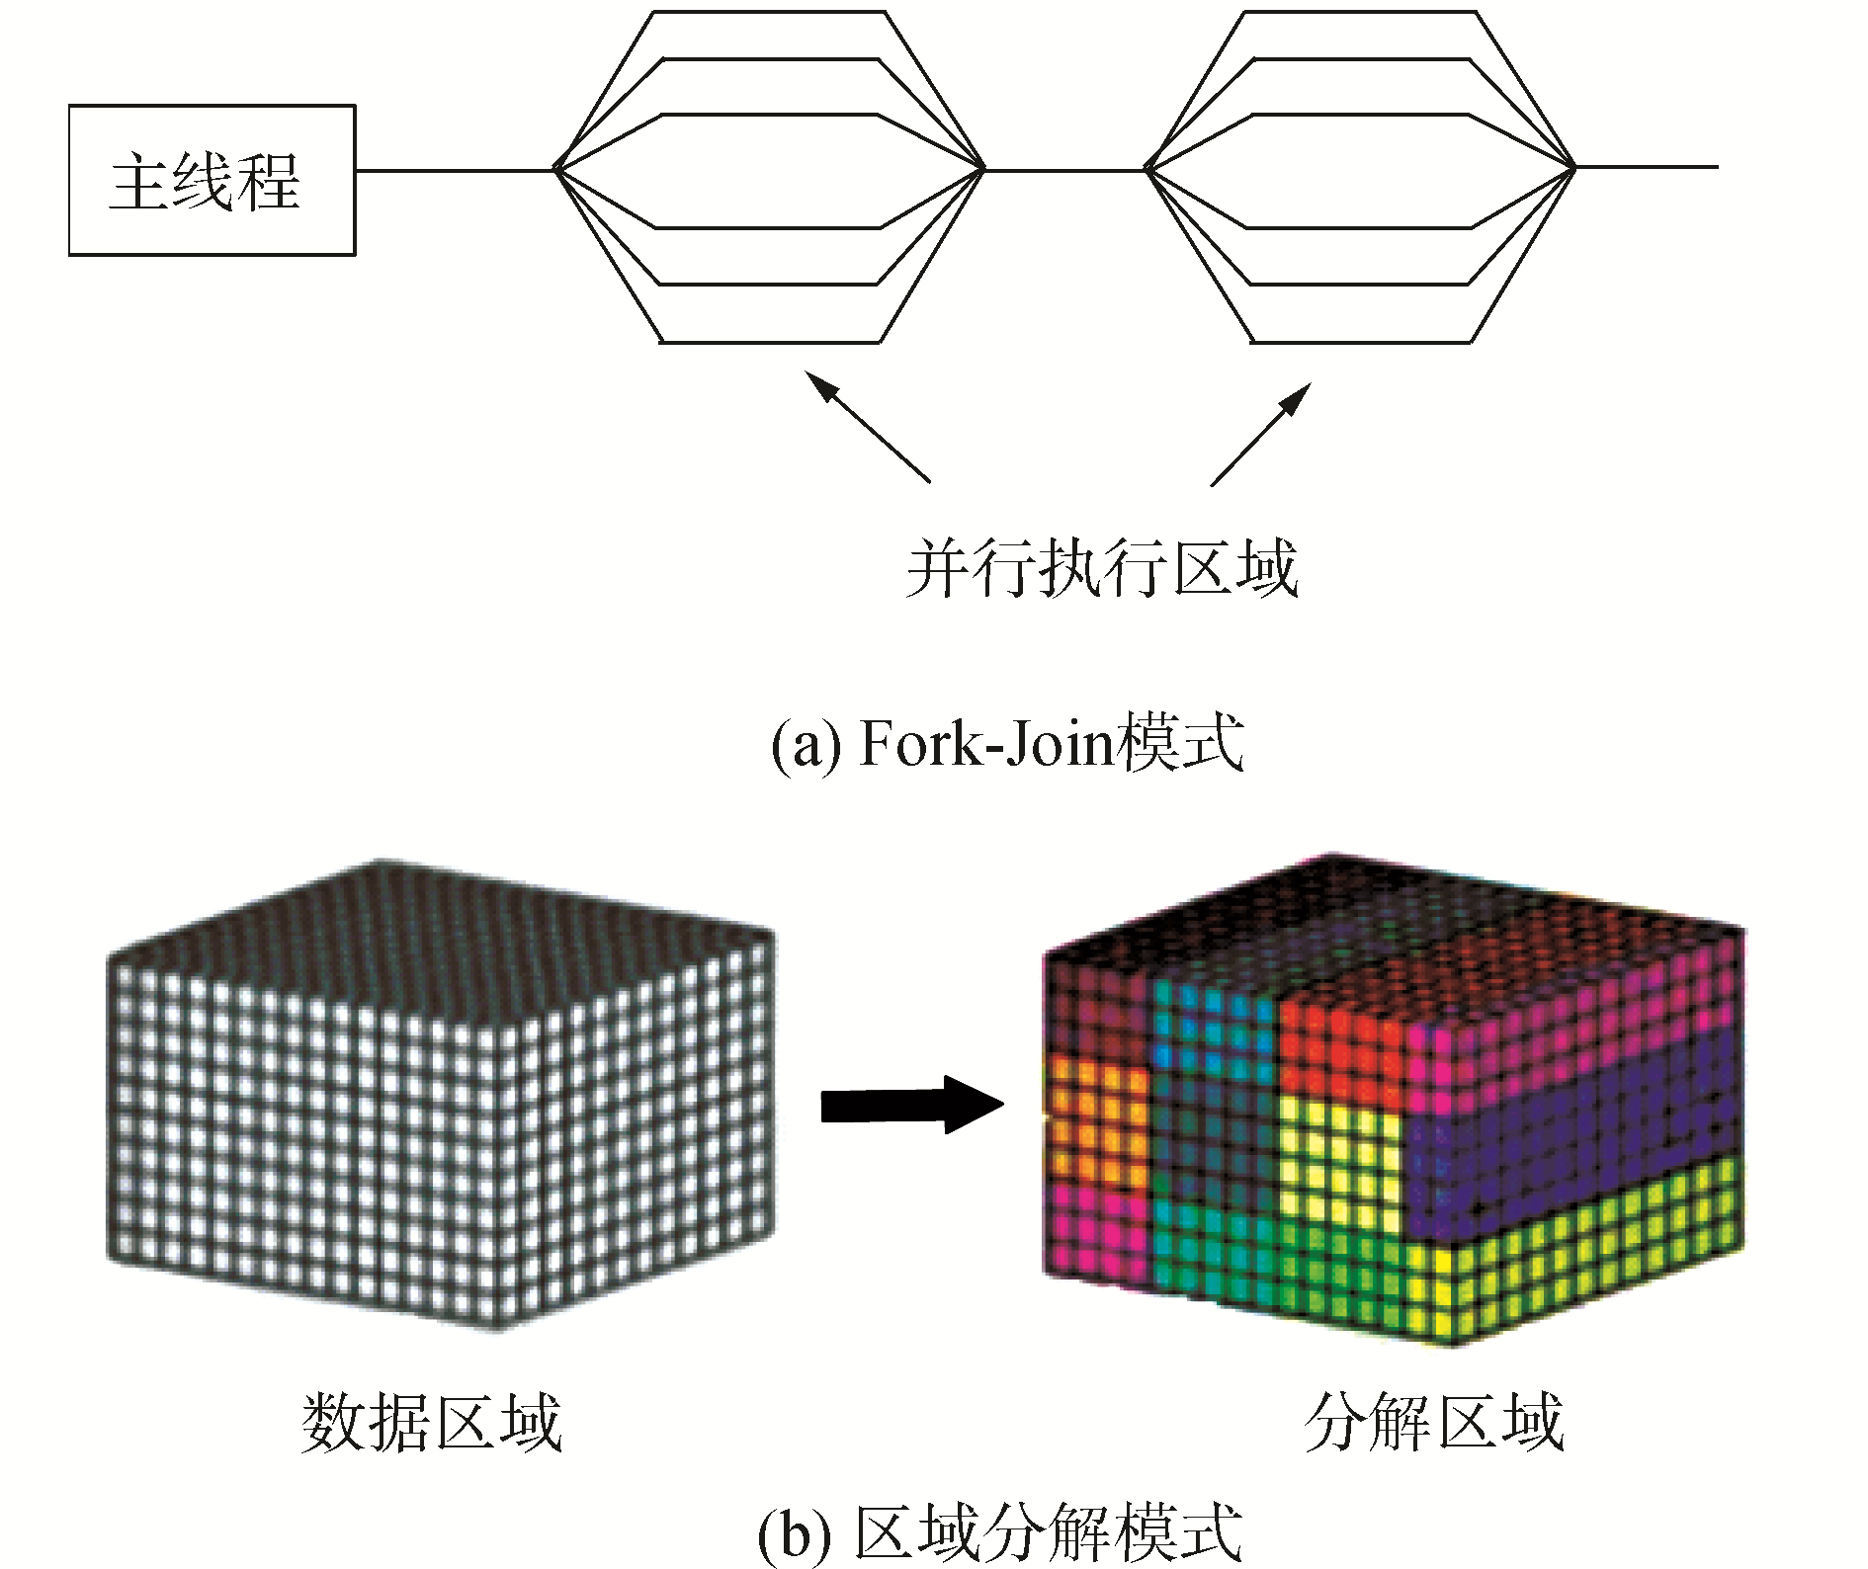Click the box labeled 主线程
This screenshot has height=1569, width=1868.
tap(212, 180)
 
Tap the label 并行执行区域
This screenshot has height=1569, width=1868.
tap(1101, 569)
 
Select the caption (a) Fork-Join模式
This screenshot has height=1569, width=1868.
tap(1006, 743)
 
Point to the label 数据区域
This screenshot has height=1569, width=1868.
tap(431, 1423)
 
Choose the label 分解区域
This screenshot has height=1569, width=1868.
tap(1433, 1423)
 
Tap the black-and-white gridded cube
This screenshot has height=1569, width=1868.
tap(440, 1097)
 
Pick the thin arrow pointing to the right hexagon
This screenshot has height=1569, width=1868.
tap(1261, 434)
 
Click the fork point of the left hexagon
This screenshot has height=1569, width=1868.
tap(556, 169)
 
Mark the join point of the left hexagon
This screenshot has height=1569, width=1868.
tap(983, 169)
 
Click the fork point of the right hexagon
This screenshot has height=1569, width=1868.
tap(1147, 169)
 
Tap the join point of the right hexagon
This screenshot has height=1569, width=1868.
tap(1573, 168)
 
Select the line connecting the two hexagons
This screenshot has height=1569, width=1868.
tap(1065, 170)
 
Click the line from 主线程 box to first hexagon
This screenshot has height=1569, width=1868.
tap(455, 170)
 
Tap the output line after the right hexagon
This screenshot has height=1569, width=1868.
tap(1647, 167)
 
